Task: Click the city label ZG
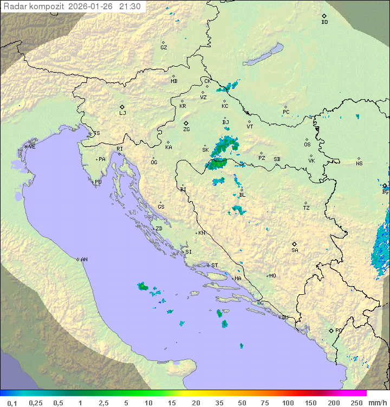186,130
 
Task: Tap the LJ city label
122,113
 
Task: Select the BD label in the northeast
324,22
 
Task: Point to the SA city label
295,250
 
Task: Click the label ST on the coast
214,266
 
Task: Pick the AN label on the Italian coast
84,260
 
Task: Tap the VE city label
32,147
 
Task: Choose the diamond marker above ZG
186,124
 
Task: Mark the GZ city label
164,48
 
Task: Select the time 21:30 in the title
130,7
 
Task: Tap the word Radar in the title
15,7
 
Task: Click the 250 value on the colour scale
356,403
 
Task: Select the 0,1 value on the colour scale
12,403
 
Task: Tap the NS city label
359,164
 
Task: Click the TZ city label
307,208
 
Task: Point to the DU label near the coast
285,318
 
